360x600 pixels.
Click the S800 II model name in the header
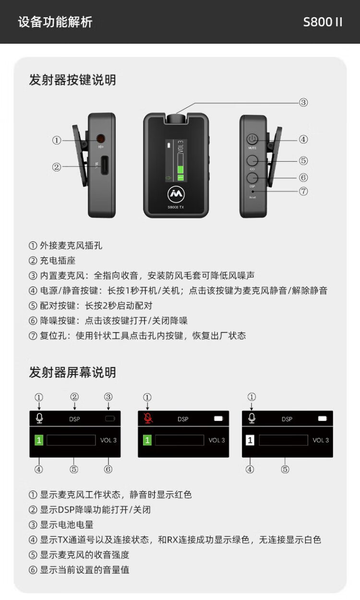(x=323, y=22)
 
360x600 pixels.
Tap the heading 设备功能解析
(x=55, y=22)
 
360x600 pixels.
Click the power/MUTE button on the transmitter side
(x=252, y=139)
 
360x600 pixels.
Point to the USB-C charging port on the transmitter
(x=105, y=165)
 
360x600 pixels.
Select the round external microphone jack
(x=101, y=139)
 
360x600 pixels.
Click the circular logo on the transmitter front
(x=176, y=194)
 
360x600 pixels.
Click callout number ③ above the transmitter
(x=303, y=102)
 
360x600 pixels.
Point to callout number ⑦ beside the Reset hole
(x=303, y=191)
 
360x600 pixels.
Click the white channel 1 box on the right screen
(x=250, y=440)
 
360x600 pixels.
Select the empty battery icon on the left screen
(x=110, y=419)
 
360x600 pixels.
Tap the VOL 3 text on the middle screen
(x=216, y=440)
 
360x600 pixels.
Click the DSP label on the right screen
(x=287, y=419)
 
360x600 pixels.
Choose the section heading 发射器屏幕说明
(x=72, y=372)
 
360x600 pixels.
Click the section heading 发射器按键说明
(x=72, y=80)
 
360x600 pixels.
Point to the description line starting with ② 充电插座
(x=52, y=260)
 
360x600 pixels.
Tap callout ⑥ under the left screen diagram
(x=108, y=469)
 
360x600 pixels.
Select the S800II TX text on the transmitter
(x=176, y=207)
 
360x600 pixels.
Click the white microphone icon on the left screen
(x=39, y=418)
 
